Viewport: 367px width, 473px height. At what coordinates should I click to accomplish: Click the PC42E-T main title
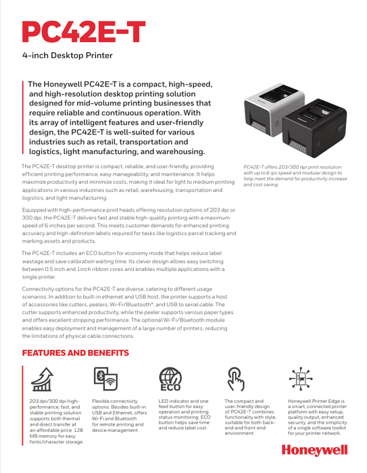(x=84, y=32)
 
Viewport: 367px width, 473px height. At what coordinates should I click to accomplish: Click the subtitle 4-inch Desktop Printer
(x=68, y=55)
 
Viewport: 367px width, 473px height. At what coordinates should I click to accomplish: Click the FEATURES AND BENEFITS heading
(x=76, y=353)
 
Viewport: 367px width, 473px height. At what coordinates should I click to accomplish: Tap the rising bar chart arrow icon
(x=43, y=379)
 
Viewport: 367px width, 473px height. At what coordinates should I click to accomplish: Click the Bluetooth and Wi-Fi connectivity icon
(x=105, y=378)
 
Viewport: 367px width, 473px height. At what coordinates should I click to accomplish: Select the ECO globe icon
(x=170, y=379)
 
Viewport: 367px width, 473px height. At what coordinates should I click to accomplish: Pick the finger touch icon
(x=235, y=379)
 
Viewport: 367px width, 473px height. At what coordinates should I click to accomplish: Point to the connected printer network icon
(x=301, y=378)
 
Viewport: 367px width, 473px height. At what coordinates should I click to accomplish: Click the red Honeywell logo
(x=314, y=451)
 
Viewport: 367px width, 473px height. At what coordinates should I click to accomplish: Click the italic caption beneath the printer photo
(x=295, y=176)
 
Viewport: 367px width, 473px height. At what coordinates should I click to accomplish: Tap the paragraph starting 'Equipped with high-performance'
(x=129, y=225)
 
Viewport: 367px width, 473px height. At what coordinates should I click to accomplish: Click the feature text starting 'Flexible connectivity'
(x=120, y=416)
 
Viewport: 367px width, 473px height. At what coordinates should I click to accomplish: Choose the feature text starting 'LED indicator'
(x=185, y=414)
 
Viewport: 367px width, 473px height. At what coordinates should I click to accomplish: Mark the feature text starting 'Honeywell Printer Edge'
(x=317, y=417)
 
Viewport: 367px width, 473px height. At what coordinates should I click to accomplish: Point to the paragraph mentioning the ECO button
(x=123, y=265)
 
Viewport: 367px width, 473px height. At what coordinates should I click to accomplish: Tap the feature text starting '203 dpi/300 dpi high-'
(x=56, y=422)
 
